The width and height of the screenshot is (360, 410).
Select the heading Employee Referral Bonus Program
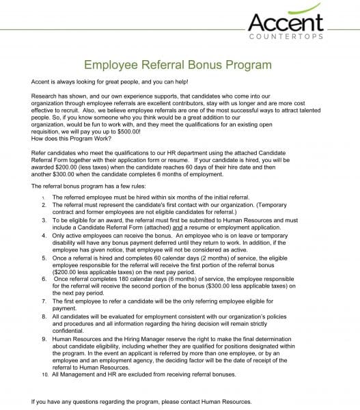click(x=177, y=66)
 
